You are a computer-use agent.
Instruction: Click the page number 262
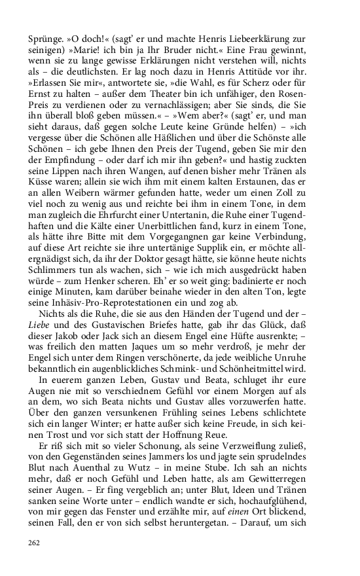coord(35,542)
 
